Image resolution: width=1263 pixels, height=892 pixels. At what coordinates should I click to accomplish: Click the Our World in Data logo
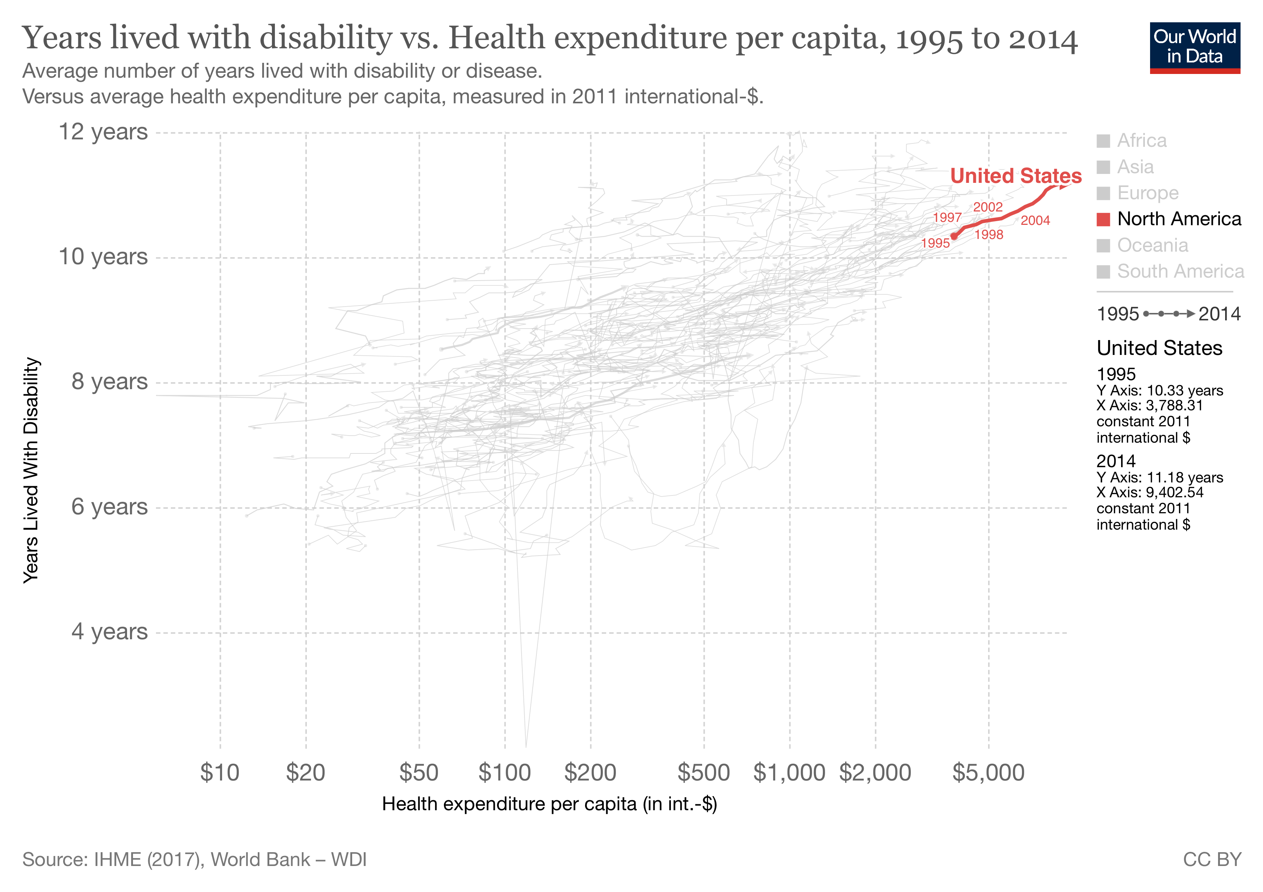coord(1194,47)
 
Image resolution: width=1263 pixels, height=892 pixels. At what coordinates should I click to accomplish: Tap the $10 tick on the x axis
coord(220,773)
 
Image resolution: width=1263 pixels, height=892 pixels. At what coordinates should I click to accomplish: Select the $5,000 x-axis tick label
coord(988,773)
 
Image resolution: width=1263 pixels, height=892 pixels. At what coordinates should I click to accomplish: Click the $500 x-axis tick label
coord(704,773)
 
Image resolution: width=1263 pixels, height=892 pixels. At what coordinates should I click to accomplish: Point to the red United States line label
coord(1016,176)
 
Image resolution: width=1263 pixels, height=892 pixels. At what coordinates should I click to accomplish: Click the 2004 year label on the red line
coord(1035,221)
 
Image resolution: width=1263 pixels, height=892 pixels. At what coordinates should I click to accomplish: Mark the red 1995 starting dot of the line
coord(954,237)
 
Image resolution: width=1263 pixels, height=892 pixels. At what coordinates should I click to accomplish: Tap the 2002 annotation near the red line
coord(987,207)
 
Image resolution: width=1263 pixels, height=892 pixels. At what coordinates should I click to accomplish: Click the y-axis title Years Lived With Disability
coord(31,471)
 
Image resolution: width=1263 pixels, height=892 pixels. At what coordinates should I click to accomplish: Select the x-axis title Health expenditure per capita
coord(549,804)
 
